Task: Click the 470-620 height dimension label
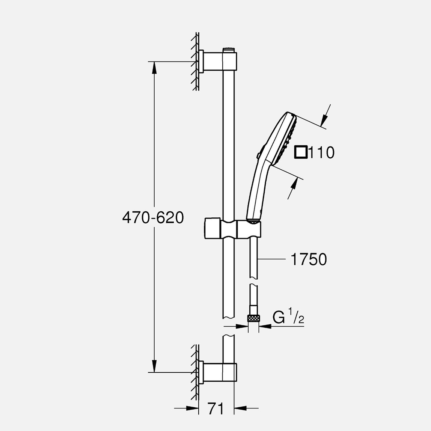click(153, 218)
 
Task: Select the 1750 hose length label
click(309, 259)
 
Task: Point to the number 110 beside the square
click(322, 153)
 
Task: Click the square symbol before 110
click(301, 152)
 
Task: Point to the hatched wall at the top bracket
click(195, 62)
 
